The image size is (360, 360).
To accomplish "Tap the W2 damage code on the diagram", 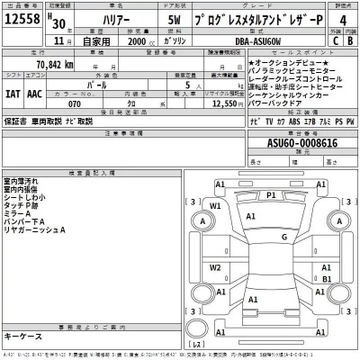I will [x=216, y=267].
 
